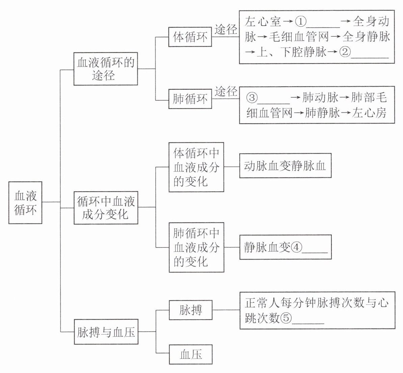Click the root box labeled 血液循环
pos(25,203)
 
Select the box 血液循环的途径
pos(106,69)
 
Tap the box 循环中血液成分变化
pos(106,208)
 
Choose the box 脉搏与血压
pos(106,332)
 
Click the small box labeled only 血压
pos(191,354)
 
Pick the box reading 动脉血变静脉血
pos(285,166)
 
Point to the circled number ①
pos(300,22)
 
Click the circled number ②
pos(345,52)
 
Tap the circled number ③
pos(252,98)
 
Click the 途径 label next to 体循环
pos(226,30)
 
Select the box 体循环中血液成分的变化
pos(196,167)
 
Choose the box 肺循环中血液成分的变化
pos(196,248)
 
